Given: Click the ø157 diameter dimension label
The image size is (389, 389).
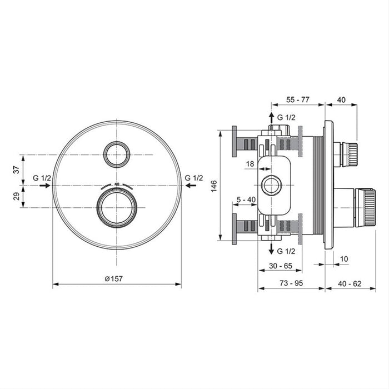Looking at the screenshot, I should click(117, 278).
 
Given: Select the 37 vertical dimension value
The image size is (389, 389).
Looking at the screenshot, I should click(16, 169).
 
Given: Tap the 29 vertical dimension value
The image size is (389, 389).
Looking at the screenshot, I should click(16, 196).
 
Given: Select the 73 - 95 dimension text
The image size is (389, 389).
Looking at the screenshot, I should click(291, 283).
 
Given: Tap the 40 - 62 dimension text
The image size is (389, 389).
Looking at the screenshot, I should click(350, 283).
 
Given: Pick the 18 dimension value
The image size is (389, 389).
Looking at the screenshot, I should click(250, 163).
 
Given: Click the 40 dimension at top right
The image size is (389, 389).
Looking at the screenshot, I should click(341, 99).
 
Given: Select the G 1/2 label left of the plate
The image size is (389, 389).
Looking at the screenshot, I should click(42, 178).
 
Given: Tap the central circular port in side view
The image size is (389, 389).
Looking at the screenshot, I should click(271, 185).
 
